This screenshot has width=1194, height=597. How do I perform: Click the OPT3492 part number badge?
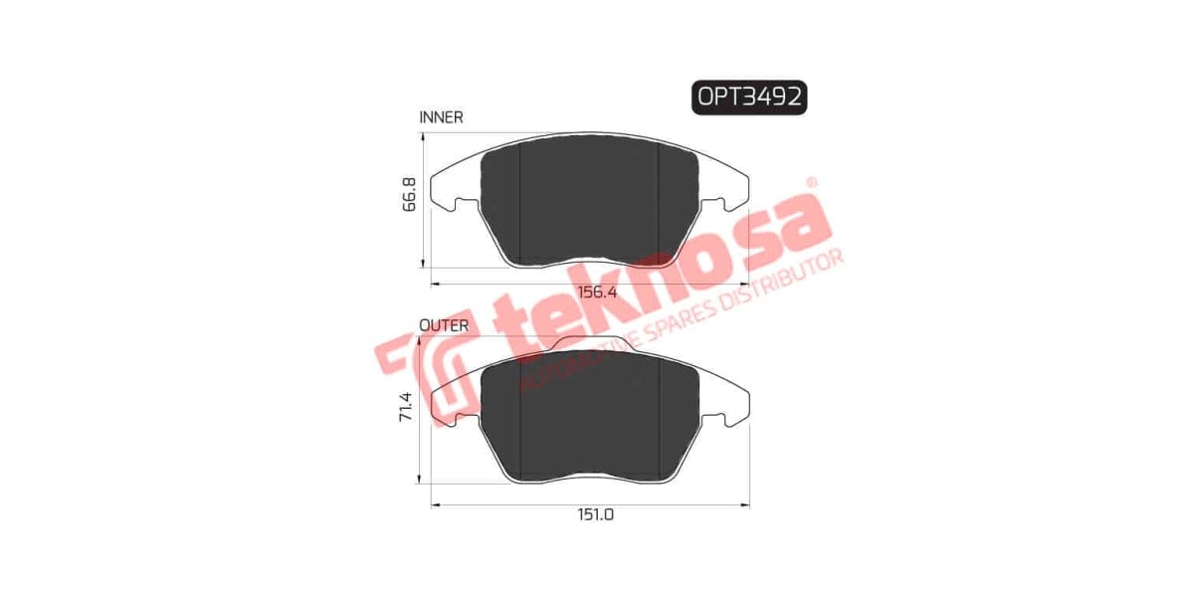(749, 97)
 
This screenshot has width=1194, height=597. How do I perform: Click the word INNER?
(442, 116)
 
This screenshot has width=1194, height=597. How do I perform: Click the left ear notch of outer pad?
(461, 420)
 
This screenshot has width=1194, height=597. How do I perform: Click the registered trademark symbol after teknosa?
(811, 183)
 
